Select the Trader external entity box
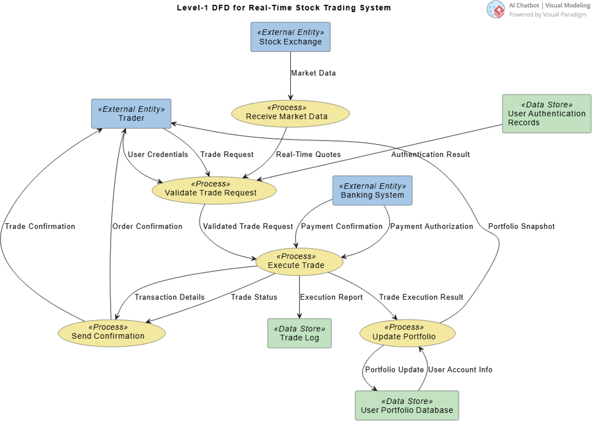pyautogui.click(x=131, y=114)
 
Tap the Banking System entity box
pyautogui.click(x=372, y=190)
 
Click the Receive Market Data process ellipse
pyautogui.click(x=290, y=113)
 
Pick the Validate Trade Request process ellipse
pyautogui.click(x=214, y=189)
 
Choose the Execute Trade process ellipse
pyautogui.click(x=299, y=261)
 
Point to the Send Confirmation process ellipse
pyautogui.click(x=111, y=332)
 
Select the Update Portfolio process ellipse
pyautogui.click(x=406, y=332)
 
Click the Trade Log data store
pyautogui.click(x=299, y=333)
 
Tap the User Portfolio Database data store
pyautogui.click(x=406, y=406)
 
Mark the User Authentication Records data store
pyautogui.click(x=546, y=114)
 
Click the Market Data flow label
pyautogui.click(x=313, y=73)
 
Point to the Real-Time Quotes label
pyautogui.click(x=308, y=155)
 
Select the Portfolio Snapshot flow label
pyautogui.click(x=521, y=226)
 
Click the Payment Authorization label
pyautogui.click(x=431, y=226)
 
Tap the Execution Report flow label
pyautogui.click(x=331, y=297)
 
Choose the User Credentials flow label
pyautogui.click(x=158, y=155)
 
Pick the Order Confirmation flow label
pyautogui.click(x=147, y=226)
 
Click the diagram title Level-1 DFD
pyautogui.click(x=284, y=8)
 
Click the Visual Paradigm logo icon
pyautogui.click(x=496, y=9)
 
